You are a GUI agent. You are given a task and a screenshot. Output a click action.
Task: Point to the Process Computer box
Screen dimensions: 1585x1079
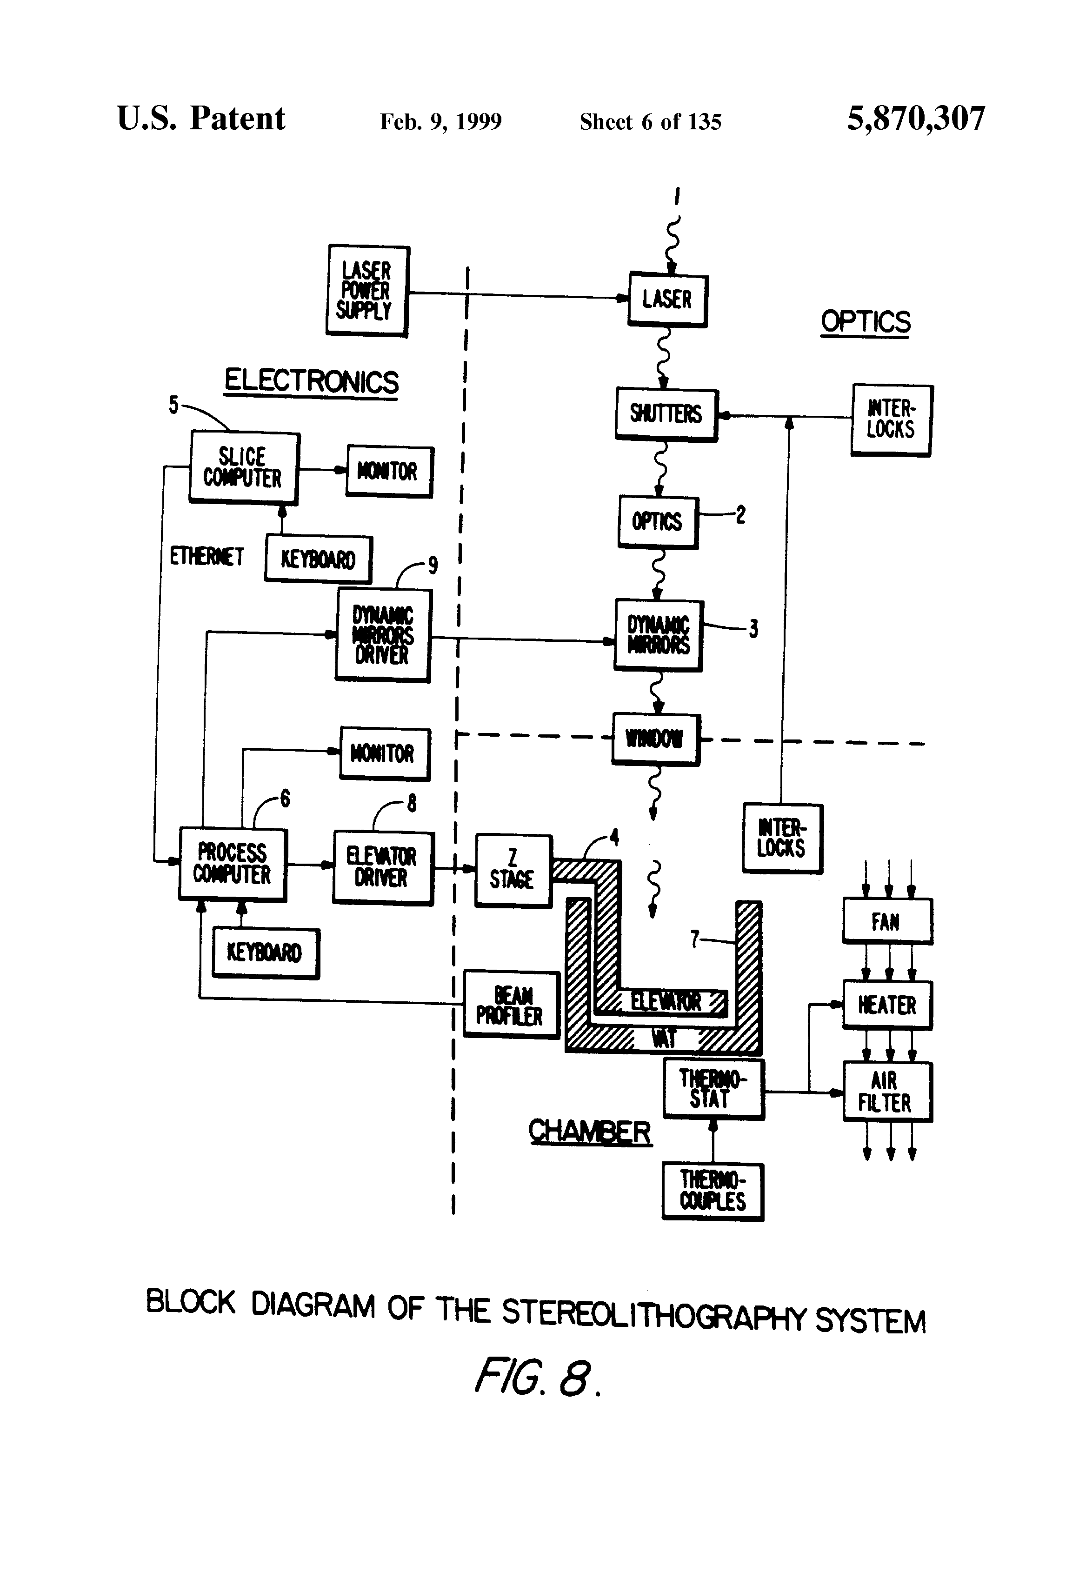click(x=233, y=864)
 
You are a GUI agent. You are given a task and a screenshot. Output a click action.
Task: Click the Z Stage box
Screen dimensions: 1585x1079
click(x=513, y=870)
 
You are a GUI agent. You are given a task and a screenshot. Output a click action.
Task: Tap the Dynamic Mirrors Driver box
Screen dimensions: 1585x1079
click(x=383, y=635)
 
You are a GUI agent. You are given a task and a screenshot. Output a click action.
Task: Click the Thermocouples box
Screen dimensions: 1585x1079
click(x=713, y=1191)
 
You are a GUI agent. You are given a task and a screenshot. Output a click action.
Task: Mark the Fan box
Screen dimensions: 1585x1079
click(x=886, y=921)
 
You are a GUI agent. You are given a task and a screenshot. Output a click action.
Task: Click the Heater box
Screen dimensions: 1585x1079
click(x=886, y=1005)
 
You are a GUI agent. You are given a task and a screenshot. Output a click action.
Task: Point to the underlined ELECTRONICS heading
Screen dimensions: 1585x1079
click(x=311, y=381)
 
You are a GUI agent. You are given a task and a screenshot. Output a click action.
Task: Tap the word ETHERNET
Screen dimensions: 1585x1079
click(x=206, y=557)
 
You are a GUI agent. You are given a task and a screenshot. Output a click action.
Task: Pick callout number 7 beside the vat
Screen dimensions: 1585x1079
click(x=695, y=939)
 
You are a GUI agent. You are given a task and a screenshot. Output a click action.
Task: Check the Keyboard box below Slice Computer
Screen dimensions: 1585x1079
click(x=318, y=559)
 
